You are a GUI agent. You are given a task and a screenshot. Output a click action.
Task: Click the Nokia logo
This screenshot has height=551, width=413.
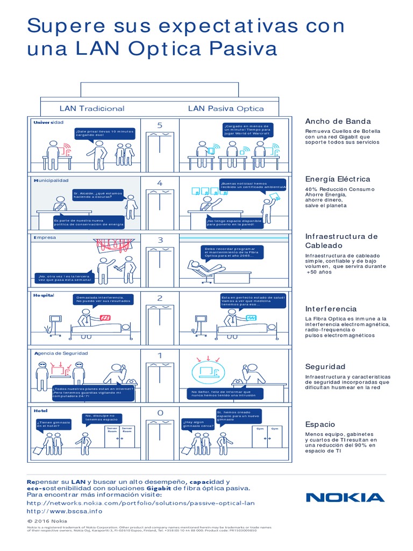coord(345,497)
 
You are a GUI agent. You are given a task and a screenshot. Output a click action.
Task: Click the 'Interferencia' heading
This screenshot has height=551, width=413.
coord(331,309)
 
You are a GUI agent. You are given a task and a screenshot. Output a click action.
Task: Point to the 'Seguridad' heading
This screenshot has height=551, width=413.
coord(325,366)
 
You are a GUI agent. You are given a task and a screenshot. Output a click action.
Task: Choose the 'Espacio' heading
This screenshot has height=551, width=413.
coord(320,424)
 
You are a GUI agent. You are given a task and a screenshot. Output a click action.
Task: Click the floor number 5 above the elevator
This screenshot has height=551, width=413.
coord(159,125)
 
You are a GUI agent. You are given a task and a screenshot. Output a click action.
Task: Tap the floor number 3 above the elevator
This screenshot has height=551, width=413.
coord(159,240)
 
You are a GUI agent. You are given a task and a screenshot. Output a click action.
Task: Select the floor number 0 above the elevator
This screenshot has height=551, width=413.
coord(159,413)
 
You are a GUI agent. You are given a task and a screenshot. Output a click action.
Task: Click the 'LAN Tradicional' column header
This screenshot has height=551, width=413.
coord(92,108)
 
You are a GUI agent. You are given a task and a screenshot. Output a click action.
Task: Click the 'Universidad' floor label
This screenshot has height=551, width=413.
coord(48,123)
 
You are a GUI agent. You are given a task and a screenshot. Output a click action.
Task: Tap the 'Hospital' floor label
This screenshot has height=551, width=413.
coord(44,296)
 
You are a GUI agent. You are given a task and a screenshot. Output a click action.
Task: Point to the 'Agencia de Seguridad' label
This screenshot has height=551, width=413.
coord(60,354)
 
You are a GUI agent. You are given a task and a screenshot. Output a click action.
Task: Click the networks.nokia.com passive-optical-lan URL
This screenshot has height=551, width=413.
coord(140,503)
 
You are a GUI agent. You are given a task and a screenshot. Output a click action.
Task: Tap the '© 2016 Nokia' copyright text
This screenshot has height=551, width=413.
coord(47,521)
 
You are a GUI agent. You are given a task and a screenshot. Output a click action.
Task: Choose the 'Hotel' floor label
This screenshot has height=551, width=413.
coord(41,411)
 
